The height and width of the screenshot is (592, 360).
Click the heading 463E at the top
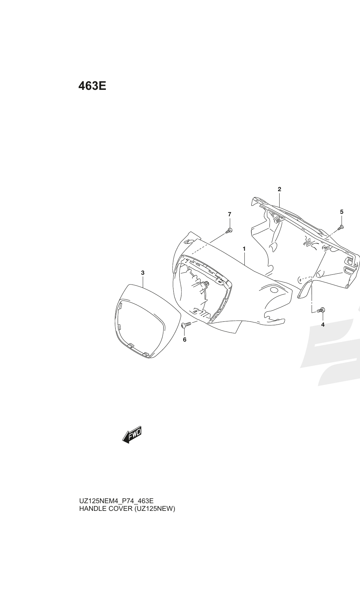tap(92, 86)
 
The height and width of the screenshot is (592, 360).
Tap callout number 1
tap(244, 249)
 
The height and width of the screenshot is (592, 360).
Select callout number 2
tap(279, 189)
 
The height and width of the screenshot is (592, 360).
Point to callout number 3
tap(143, 273)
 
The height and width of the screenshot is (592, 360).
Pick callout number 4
tap(323, 325)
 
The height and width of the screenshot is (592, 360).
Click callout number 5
tap(342, 212)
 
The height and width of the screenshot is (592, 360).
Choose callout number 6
tap(185, 340)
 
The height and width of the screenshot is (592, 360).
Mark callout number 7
tap(229, 214)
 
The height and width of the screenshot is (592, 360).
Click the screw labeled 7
tap(229, 231)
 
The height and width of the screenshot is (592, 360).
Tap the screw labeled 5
tap(341, 227)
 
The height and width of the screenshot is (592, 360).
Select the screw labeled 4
tap(321, 310)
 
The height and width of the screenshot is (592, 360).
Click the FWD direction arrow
tap(132, 434)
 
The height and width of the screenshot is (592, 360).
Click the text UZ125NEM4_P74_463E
tap(116, 501)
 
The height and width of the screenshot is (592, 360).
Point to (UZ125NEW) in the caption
tap(155, 508)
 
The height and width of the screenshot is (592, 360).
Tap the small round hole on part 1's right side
tap(274, 290)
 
